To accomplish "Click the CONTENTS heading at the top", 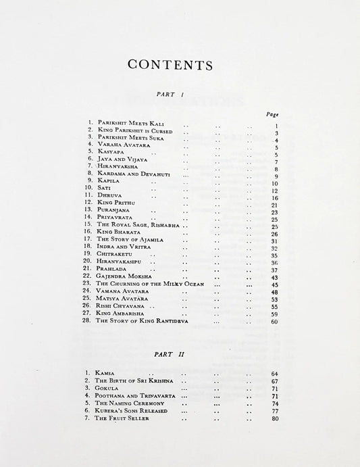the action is pyautogui.click(x=170, y=66).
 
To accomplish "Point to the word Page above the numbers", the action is pyautogui.click(x=272, y=115).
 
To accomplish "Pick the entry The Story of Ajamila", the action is pyautogui.click(x=130, y=239).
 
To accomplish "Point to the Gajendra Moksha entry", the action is pyautogui.click(x=124, y=276).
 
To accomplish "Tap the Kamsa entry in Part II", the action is pyautogui.click(x=107, y=372).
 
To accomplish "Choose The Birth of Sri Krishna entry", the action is pyautogui.click(x=134, y=381).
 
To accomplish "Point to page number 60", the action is pyautogui.click(x=274, y=322).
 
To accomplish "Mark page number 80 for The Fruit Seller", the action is pyautogui.click(x=274, y=419).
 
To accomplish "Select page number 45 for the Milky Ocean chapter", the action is pyautogui.click(x=274, y=285).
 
